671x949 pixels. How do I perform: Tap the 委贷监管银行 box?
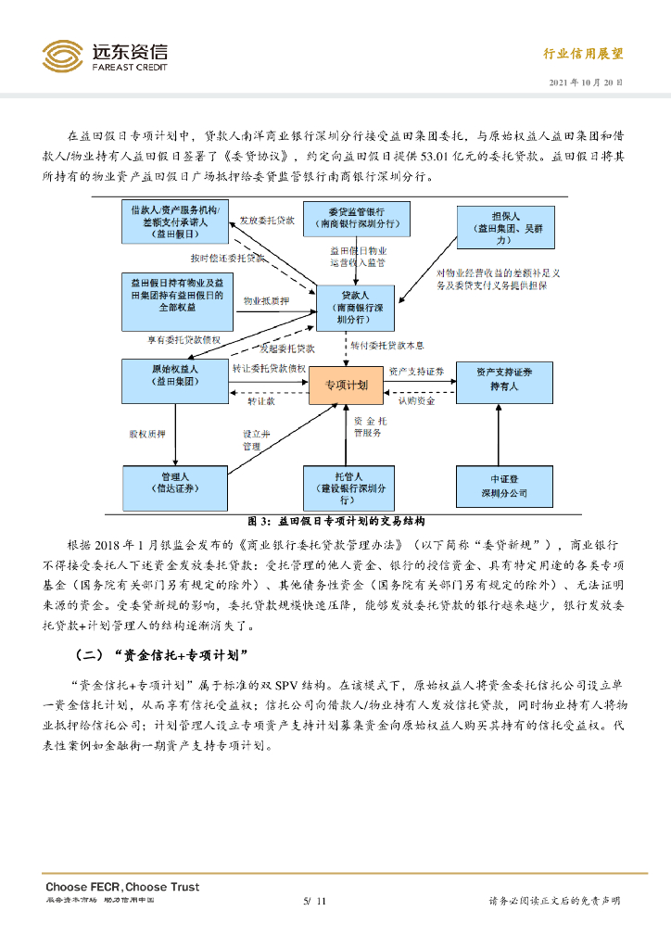tap(356, 217)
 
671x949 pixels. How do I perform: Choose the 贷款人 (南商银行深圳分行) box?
tap(356, 307)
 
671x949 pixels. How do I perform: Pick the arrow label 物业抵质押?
tap(266, 301)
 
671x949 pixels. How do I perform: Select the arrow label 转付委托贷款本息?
tap(387, 345)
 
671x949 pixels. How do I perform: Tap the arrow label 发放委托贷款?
tap(267, 221)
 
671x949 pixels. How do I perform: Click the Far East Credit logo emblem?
tap(62, 55)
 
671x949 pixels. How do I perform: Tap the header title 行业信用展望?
tap(583, 54)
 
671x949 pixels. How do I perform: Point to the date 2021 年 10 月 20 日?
tap(586, 82)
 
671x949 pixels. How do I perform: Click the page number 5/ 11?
tap(315, 901)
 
